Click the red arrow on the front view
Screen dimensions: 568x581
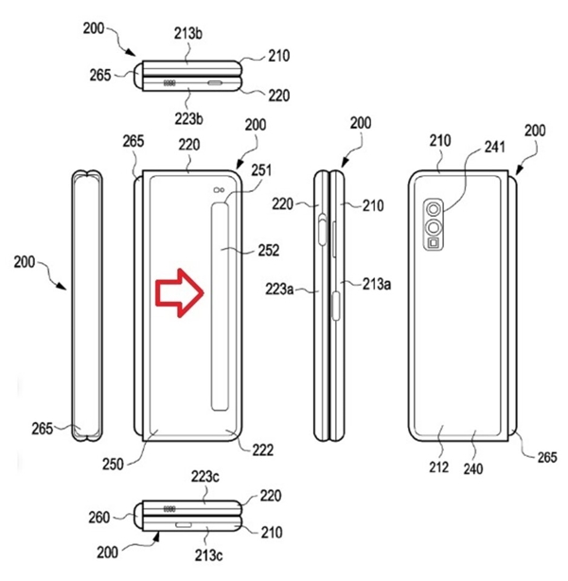point(180,292)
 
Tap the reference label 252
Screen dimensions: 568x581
point(269,251)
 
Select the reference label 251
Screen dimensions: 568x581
point(261,170)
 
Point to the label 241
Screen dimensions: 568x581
point(494,147)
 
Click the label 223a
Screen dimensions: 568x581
point(279,289)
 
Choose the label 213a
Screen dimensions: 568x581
point(377,284)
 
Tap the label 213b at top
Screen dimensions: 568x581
point(188,33)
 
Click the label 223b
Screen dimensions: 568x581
point(189,119)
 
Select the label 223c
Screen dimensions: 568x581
point(205,477)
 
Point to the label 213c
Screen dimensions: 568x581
point(208,555)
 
